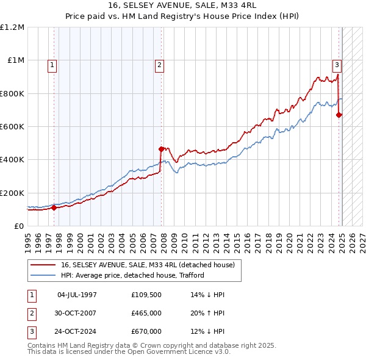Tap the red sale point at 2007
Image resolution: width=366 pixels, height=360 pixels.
tap(161, 149)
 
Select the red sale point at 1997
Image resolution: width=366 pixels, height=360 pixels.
tap(54, 207)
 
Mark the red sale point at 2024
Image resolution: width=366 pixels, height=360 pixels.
tap(339, 115)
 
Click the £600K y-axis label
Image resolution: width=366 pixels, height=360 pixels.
tap(12, 127)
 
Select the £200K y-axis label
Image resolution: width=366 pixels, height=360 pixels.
tap(12, 193)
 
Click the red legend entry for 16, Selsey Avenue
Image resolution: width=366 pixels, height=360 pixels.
tap(151, 264)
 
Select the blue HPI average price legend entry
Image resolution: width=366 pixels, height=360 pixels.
tap(132, 275)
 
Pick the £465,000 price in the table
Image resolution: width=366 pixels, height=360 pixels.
tap(146, 313)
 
